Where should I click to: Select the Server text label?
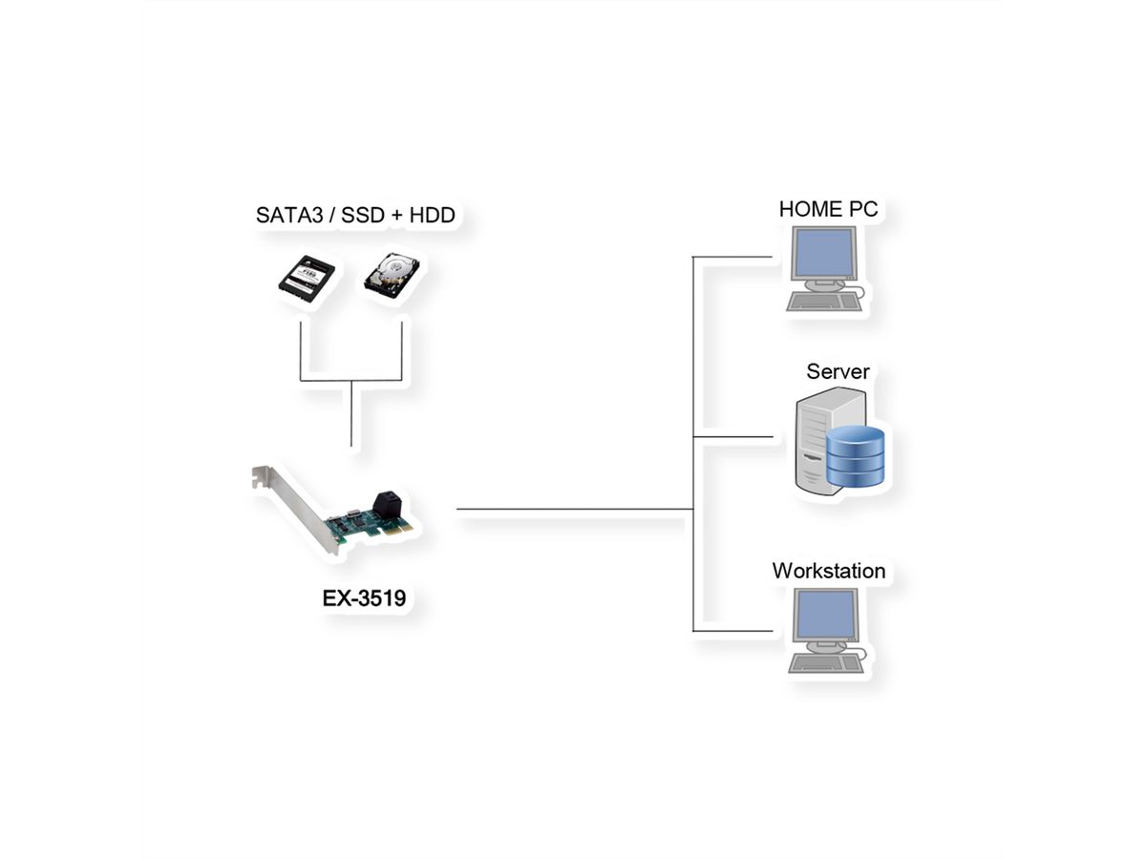coord(838,371)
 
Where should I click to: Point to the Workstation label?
coord(828,572)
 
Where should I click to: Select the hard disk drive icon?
coord(390,276)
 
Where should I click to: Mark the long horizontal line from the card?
coord(573,510)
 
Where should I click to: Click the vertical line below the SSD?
coord(301,351)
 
